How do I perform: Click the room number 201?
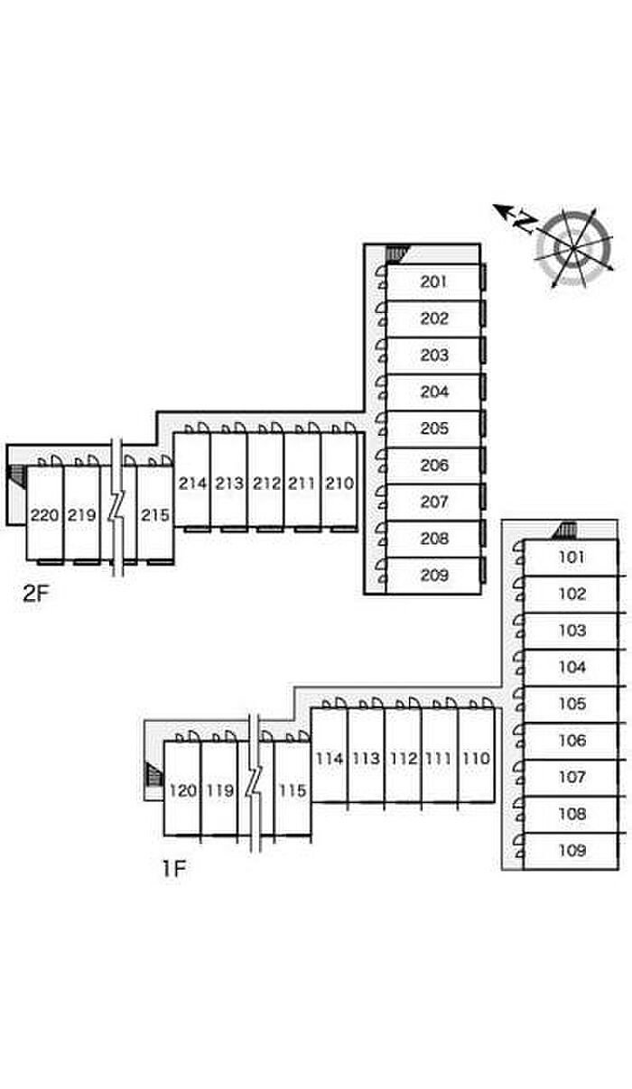click(433, 281)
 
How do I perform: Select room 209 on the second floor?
click(434, 575)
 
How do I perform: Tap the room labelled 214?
click(192, 484)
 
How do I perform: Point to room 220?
click(45, 515)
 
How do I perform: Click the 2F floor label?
click(36, 593)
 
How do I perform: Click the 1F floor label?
click(173, 869)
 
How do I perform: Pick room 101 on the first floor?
click(572, 557)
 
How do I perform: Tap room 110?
click(477, 759)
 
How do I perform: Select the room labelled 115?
click(293, 790)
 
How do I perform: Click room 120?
click(183, 790)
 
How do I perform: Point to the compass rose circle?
click(574, 249)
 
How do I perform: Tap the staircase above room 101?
click(565, 531)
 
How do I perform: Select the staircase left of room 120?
click(154, 774)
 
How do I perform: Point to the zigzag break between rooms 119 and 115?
click(255, 782)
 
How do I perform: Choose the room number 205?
click(434, 429)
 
